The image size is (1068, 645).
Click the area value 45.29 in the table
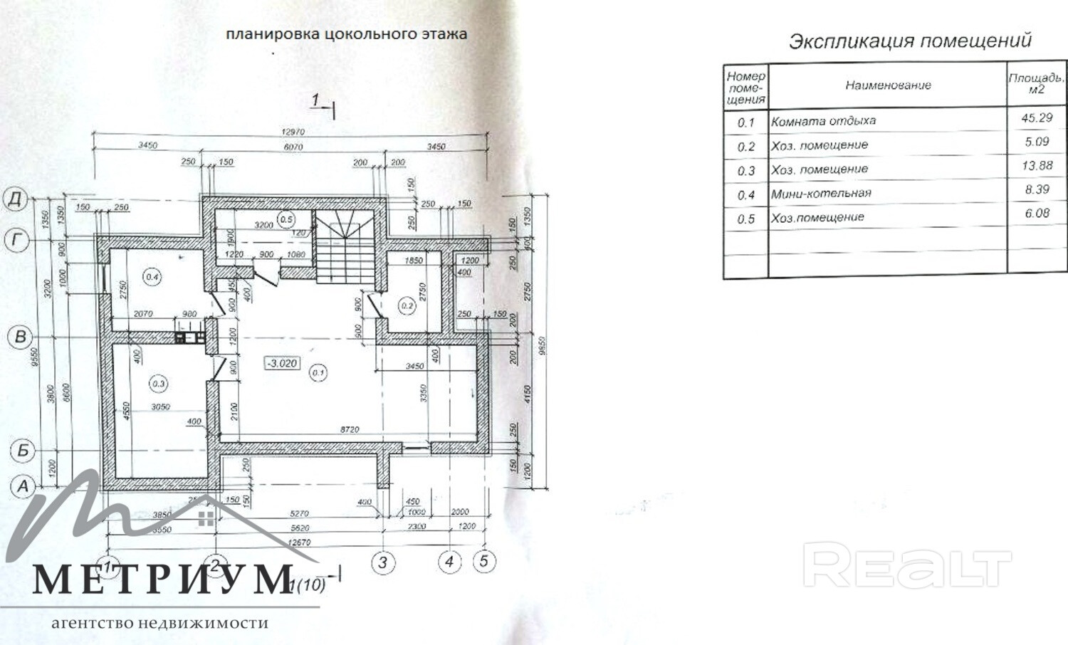click(1036, 118)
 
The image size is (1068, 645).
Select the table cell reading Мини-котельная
click(821, 193)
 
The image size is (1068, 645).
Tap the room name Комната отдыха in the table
click(823, 121)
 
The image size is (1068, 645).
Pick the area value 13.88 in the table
click(1037, 166)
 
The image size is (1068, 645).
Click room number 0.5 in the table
click(745, 219)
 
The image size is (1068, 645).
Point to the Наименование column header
click(888, 85)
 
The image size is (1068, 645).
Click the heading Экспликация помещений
click(910, 41)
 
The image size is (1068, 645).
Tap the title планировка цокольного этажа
click(346, 33)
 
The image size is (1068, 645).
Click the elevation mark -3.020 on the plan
click(282, 363)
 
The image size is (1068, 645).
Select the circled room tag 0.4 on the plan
click(152, 277)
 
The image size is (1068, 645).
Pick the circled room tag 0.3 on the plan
click(158, 384)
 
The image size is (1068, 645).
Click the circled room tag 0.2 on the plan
click(407, 306)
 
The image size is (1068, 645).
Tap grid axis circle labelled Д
click(16, 199)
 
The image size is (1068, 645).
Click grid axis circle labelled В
click(21, 337)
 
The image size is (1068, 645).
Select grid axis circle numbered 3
click(383, 563)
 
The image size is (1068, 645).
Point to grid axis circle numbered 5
click(483, 561)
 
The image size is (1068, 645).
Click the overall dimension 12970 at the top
click(293, 132)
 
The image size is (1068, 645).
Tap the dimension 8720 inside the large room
click(350, 430)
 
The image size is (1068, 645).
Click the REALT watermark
click(907, 565)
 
